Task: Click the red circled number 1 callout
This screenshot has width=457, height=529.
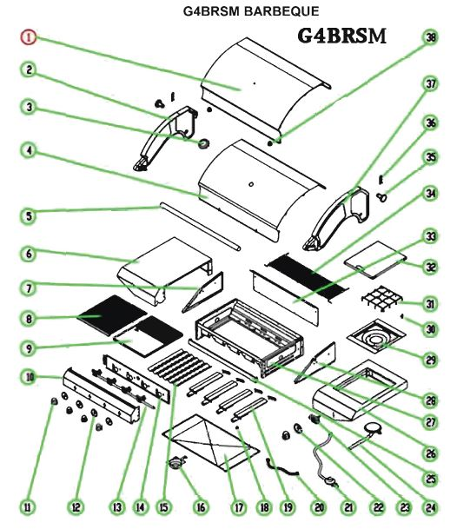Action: [x=29, y=37]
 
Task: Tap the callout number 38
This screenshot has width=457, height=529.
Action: [x=431, y=37]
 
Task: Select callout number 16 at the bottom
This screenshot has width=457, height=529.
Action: [x=201, y=506]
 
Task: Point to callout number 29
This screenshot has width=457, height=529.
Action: [x=431, y=360]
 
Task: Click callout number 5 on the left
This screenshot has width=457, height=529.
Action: [x=29, y=216]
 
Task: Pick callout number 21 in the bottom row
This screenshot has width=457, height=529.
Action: [x=348, y=506]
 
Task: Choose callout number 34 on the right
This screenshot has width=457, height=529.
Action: [x=431, y=194]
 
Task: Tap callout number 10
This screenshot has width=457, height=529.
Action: [x=29, y=377]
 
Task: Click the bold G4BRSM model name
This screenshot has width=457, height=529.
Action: [x=342, y=36]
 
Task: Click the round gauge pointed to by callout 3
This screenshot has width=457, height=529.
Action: [x=204, y=144]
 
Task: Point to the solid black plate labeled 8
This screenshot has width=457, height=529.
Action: [x=112, y=314]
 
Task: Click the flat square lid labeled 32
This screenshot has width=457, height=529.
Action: [x=374, y=260]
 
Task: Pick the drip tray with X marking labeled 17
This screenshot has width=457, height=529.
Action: [x=211, y=443]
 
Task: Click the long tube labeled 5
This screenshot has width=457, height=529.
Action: [x=200, y=227]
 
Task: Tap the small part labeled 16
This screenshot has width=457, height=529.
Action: [x=178, y=461]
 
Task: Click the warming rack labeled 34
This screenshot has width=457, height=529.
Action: [x=306, y=276]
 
